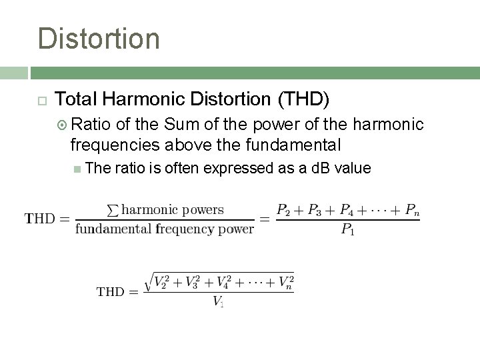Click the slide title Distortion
[99, 38]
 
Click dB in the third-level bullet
[319, 168]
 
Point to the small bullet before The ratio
[79, 169]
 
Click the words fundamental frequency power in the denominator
[165, 229]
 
